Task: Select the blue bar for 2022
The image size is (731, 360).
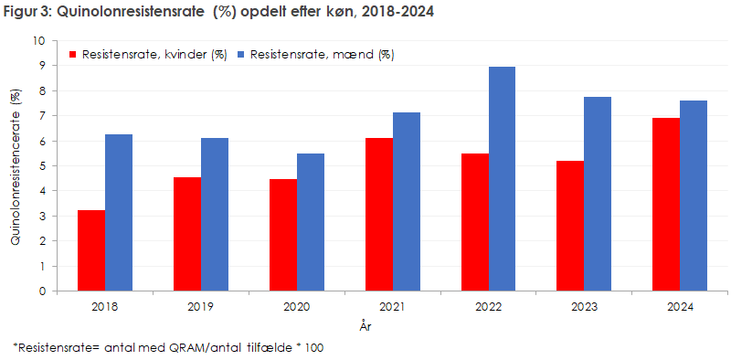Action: (502, 179)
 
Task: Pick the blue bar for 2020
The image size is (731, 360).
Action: (310, 222)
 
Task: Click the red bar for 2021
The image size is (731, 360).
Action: (378, 215)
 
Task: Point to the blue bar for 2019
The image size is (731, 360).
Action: (214, 215)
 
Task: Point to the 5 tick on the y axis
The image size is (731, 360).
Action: (41, 166)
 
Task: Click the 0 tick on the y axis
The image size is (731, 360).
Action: (41, 291)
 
